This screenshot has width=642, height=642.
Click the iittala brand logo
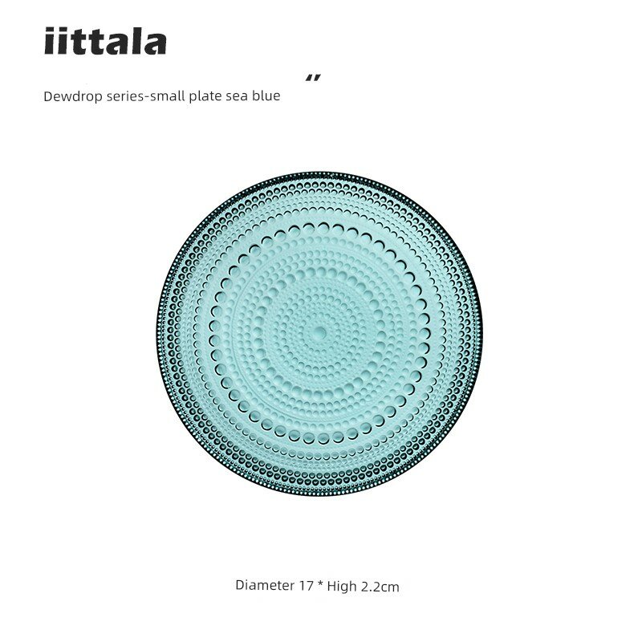[x=105, y=42]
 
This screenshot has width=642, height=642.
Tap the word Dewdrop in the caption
[x=70, y=96]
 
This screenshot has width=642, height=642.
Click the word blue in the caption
[x=267, y=96]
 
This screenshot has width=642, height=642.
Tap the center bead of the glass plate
[x=318, y=331]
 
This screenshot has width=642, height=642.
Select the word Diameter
[x=264, y=586]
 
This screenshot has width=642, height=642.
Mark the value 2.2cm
[x=379, y=587]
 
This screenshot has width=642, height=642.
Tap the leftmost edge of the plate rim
[x=156, y=332]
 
